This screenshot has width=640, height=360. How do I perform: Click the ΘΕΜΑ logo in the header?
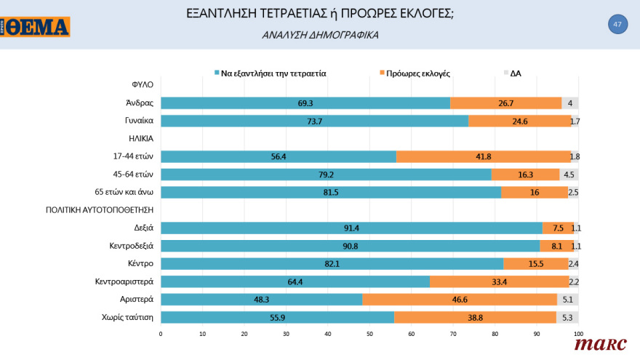(36, 27)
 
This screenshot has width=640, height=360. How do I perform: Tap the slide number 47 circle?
(617, 25)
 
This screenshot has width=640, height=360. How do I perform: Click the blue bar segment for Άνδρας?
(305, 103)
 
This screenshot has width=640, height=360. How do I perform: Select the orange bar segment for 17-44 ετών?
(484, 156)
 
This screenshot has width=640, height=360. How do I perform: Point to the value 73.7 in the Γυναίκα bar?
(314, 121)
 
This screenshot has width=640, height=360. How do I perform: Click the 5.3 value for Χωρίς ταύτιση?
(568, 317)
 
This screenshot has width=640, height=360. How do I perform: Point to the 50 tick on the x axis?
(369, 334)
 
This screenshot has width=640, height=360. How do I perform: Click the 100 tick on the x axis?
(578, 334)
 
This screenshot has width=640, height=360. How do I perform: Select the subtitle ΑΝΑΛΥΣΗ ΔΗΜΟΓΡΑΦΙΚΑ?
(319, 34)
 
